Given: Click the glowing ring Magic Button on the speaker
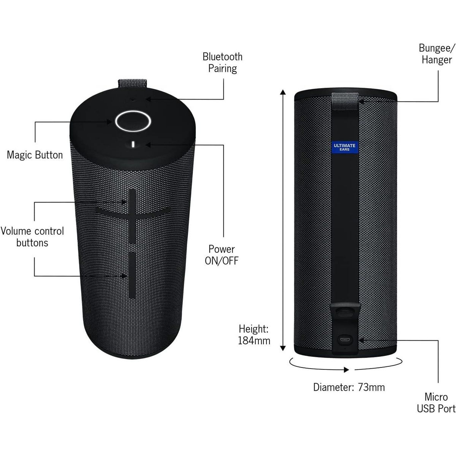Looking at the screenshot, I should (x=133, y=122).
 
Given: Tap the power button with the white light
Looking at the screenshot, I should (x=133, y=144).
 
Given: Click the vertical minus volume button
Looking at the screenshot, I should (x=132, y=274).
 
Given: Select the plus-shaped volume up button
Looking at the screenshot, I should (x=132, y=213).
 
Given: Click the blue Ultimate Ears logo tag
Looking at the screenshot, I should (x=344, y=147).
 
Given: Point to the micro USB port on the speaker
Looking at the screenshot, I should (x=345, y=339).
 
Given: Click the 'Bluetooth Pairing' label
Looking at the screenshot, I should (x=222, y=63).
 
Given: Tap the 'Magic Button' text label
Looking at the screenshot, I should (x=35, y=155).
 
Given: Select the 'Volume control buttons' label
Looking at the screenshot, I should (x=32, y=237).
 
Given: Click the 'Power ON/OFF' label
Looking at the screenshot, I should (x=222, y=255).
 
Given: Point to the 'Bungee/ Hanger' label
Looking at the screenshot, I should (x=436, y=54).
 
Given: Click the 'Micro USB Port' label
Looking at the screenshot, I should (x=436, y=403).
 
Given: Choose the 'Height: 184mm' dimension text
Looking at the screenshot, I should (x=254, y=334).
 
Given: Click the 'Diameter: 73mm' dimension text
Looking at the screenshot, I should (x=349, y=387).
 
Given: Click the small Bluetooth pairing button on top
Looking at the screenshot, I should (x=133, y=100).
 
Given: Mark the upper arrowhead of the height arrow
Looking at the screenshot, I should (x=282, y=92).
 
